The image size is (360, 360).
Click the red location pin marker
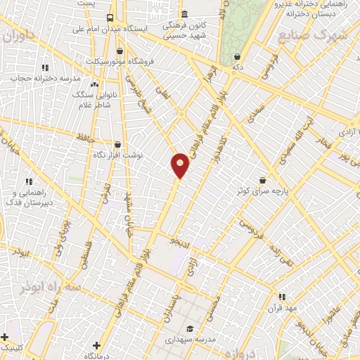coord(181,165)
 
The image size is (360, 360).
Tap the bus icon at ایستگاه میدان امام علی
coord(110,18)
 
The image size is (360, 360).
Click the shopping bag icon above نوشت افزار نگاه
coord(117,143)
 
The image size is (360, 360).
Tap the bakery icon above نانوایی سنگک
coord(94,84)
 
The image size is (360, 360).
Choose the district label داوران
coord(18,37)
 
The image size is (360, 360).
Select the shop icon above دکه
coord(237,57)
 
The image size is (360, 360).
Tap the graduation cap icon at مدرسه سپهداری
coord(189,328)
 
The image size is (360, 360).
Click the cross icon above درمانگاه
coord(96,346)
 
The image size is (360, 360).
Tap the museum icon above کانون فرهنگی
coord(184,14)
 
